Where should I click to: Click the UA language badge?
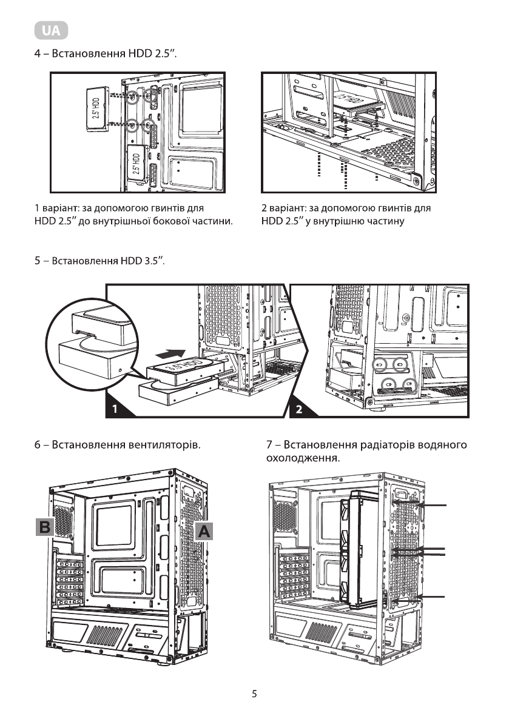52,30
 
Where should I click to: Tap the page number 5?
255,694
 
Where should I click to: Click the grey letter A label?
204,532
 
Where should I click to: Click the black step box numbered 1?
115,409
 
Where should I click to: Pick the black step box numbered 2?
298,409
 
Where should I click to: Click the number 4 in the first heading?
37,55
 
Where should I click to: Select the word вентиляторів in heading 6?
163,446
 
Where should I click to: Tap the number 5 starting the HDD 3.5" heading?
37,261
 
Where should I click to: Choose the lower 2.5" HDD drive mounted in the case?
138,162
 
